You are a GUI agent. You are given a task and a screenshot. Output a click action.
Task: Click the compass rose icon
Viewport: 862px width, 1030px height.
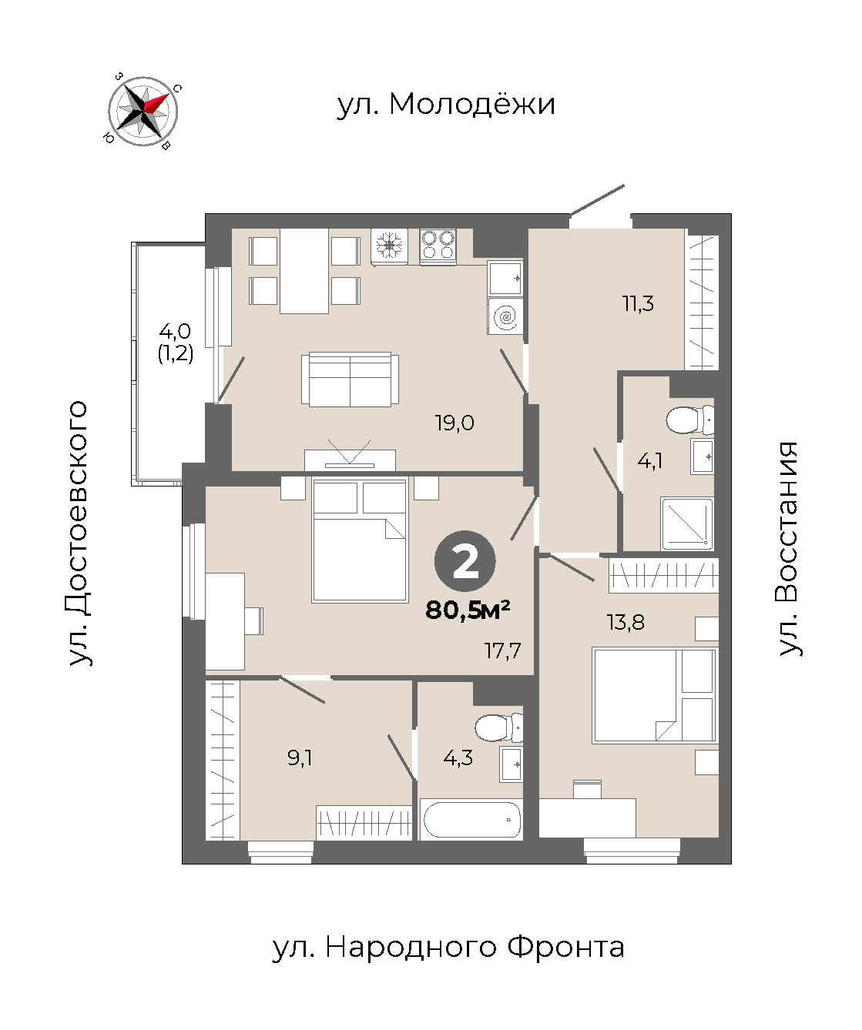point(143,112)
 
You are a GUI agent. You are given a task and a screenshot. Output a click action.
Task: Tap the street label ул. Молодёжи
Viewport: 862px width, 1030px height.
point(446,104)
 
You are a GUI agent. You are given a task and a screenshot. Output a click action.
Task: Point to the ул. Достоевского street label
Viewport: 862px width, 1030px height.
point(78,533)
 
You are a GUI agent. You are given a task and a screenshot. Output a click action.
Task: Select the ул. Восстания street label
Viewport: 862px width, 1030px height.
point(789,549)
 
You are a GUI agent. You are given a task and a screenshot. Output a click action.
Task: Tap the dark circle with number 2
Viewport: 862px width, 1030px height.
point(465,561)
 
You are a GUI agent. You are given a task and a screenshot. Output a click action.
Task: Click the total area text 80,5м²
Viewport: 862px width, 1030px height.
point(467,610)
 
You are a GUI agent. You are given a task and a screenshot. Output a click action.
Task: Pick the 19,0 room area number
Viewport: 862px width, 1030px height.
point(454,423)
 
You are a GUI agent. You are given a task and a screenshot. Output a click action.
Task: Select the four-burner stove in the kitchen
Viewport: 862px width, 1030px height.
point(438,246)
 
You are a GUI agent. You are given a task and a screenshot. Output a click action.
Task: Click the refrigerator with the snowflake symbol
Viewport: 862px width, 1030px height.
point(390,246)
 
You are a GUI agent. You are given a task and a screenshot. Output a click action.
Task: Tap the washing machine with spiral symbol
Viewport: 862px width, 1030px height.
point(505,316)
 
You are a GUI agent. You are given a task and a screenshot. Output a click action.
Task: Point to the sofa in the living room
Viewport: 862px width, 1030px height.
point(350,379)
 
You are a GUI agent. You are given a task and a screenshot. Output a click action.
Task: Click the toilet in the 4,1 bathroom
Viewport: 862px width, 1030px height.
point(689,420)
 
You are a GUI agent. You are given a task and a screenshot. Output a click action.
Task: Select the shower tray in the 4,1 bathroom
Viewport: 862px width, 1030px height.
point(686,523)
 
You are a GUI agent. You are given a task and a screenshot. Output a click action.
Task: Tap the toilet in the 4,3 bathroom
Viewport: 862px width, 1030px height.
point(499,727)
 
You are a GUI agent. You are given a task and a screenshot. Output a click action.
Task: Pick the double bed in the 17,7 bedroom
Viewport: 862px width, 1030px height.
point(360,540)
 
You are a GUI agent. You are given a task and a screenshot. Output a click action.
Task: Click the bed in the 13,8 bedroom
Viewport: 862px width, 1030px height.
point(654,696)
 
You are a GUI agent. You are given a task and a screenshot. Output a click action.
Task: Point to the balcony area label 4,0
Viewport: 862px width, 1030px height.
point(175,331)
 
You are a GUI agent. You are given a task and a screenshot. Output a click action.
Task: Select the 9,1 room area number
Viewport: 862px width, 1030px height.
point(299,757)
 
